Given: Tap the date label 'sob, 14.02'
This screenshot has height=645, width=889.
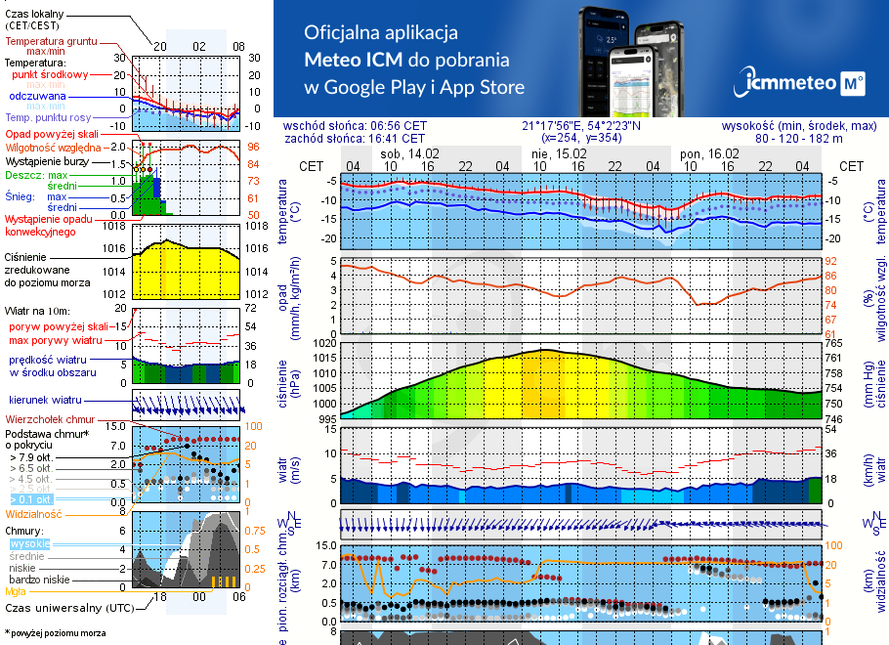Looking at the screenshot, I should [x=410, y=153].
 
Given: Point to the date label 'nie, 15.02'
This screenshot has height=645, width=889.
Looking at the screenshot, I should [x=559, y=153].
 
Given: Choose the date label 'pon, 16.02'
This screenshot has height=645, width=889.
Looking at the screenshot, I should [x=709, y=153].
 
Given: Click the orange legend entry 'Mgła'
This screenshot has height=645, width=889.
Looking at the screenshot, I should [x=16, y=591].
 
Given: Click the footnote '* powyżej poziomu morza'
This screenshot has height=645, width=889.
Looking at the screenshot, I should [x=56, y=633].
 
